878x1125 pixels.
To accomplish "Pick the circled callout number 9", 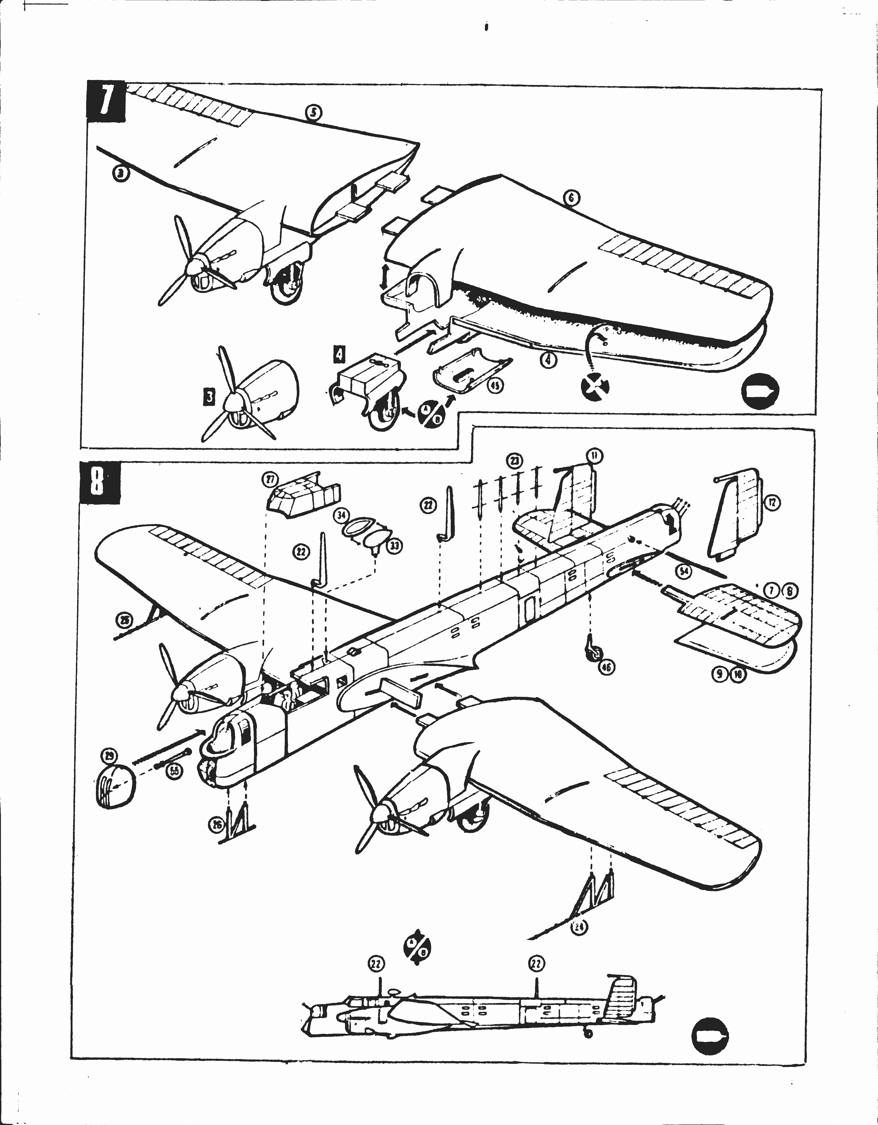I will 720,675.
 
